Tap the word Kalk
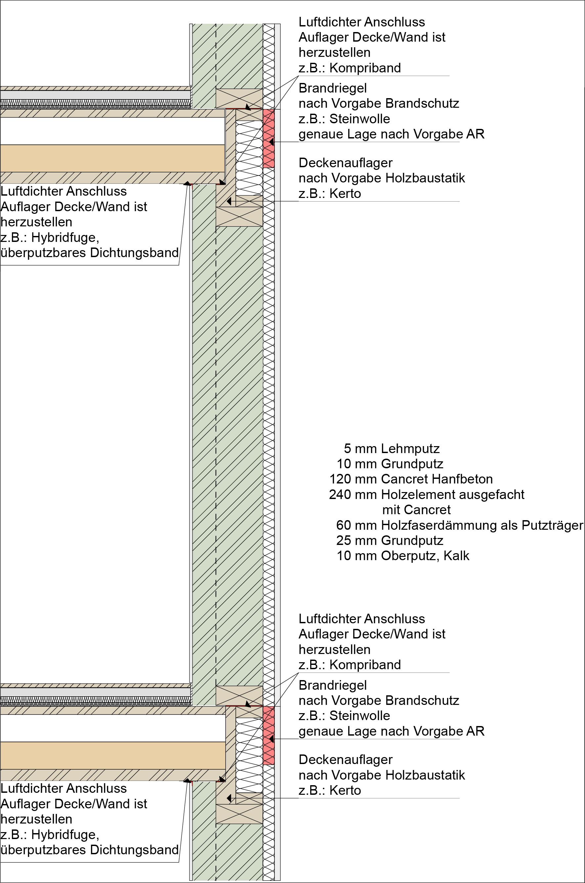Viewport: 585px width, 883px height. (x=457, y=556)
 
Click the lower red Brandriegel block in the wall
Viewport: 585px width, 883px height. (x=269, y=735)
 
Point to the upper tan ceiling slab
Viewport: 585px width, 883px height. (x=112, y=158)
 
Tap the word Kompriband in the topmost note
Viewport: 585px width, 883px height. (x=365, y=68)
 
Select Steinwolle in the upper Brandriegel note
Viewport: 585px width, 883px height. (x=360, y=119)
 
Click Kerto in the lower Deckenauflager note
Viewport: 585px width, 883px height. (x=345, y=790)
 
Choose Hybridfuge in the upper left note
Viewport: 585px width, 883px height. (x=65, y=237)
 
